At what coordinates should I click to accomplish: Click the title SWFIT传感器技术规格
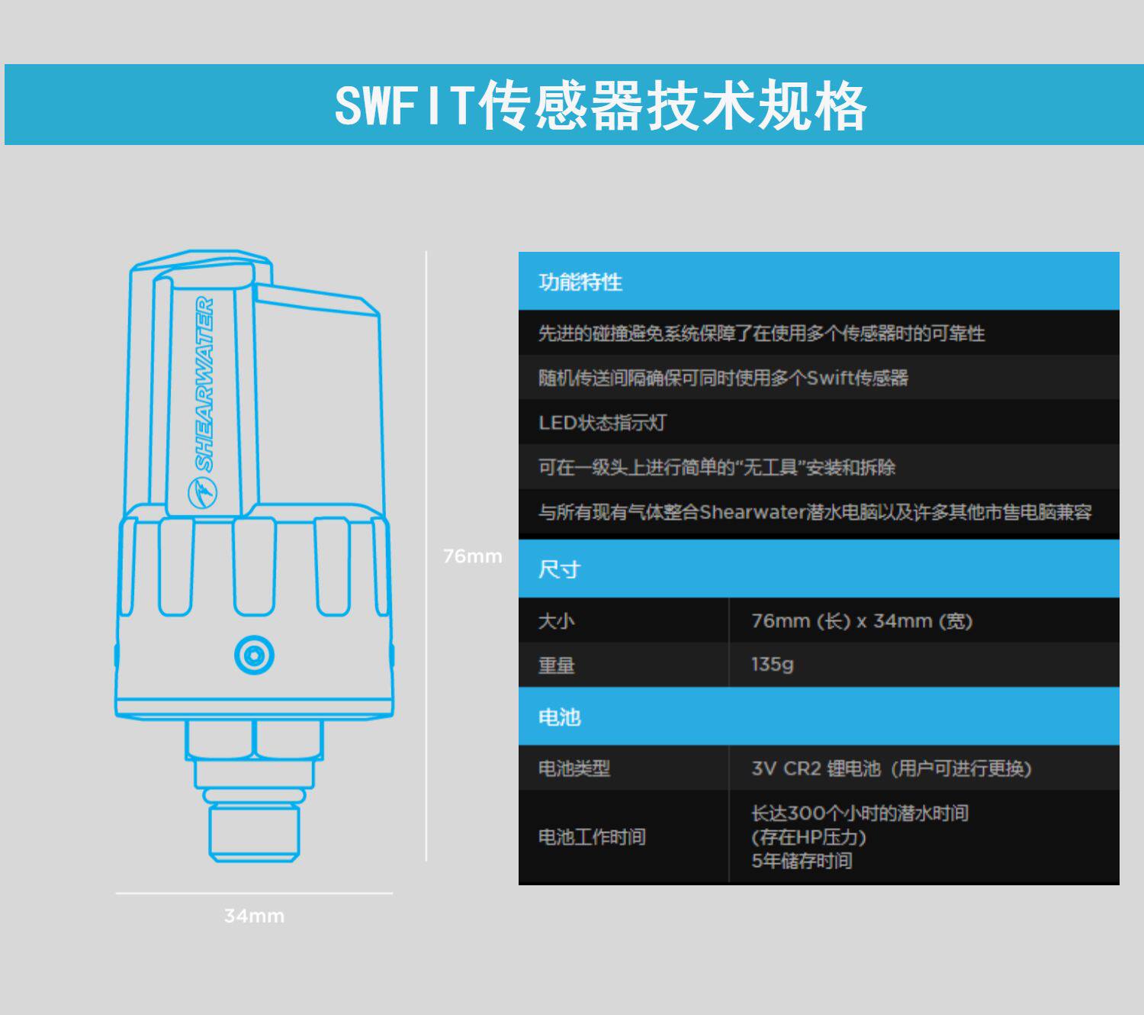600,105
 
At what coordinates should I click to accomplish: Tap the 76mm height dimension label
472,556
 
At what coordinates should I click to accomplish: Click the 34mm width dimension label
254,916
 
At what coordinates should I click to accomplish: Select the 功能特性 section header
580,282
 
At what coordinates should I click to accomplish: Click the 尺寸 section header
559,569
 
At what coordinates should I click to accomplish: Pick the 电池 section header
559,717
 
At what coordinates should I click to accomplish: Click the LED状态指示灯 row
603,422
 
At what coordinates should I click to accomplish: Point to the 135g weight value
772,664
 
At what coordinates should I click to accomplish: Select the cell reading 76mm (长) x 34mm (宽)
862,620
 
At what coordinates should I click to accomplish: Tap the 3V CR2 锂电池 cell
891,768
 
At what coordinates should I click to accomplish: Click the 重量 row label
556,665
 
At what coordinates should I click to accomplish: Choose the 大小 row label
556,620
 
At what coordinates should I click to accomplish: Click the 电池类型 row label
574,768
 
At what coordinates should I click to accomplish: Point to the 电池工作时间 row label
592,837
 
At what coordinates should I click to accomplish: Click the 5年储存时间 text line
802,861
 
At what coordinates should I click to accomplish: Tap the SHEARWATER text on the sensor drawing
204,384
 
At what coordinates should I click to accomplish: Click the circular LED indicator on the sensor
254,655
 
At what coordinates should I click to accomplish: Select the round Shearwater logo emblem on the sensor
202,493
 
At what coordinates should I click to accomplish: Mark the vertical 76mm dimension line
426,687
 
